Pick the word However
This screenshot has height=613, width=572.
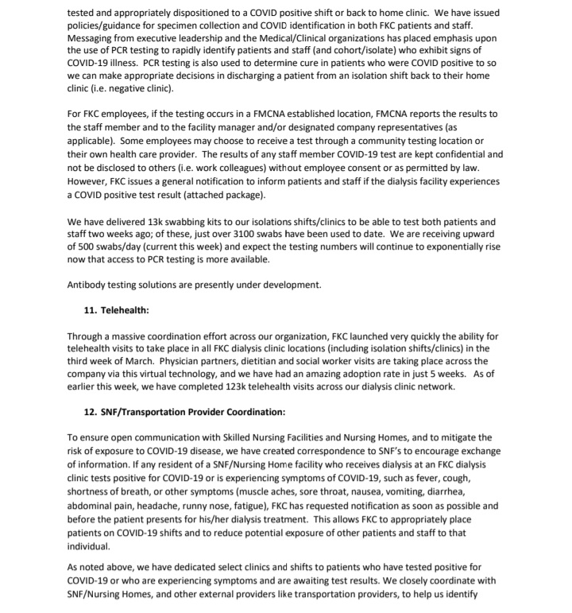tap(90, 181)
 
